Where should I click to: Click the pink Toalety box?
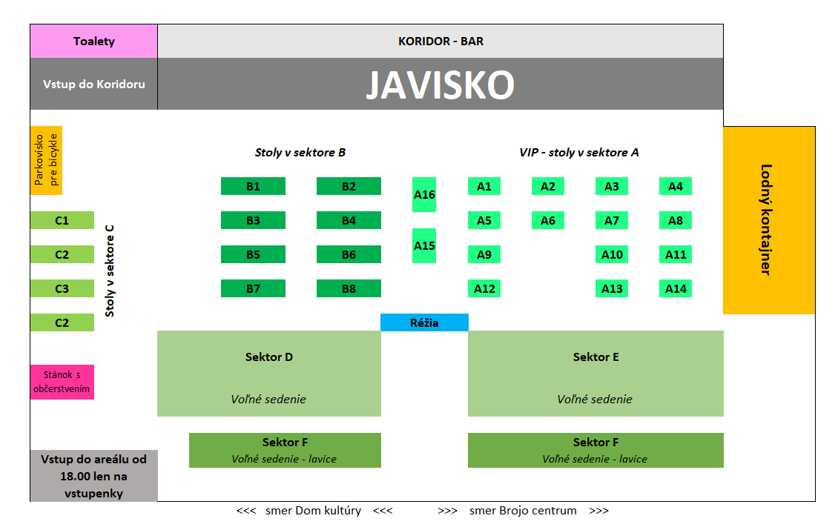(93, 42)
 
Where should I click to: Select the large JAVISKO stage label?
(440, 85)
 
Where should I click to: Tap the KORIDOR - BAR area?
(440, 42)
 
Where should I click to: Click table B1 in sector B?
(253, 186)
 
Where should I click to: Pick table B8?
(349, 288)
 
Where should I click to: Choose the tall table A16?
(424, 194)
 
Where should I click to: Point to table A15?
(424, 245)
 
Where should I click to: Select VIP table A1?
(483, 186)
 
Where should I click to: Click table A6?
(547, 220)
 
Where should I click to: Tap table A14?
(675, 288)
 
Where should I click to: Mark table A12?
(483, 288)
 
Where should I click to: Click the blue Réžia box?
(424, 322)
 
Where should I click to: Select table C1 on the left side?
(62, 220)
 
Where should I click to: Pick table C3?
(62, 288)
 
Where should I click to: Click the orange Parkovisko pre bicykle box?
(46, 160)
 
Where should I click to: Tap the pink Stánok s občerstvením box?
(62, 382)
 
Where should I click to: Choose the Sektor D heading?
(268, 357)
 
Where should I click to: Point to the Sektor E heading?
(595, 357)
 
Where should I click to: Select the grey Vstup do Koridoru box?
(93, 84)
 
